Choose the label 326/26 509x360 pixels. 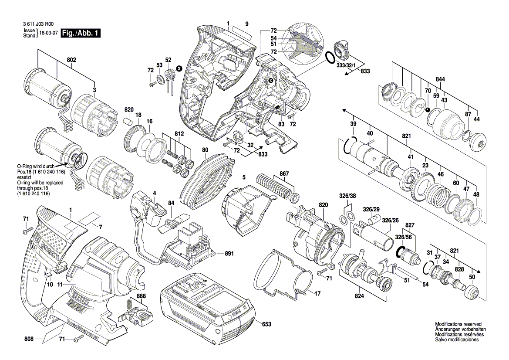390,221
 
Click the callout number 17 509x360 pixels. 318,294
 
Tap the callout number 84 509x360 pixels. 171,203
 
